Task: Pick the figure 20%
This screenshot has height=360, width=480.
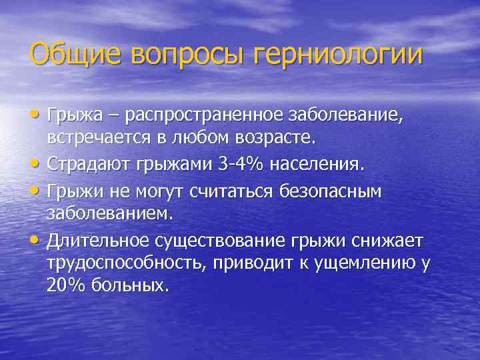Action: (68, 285)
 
